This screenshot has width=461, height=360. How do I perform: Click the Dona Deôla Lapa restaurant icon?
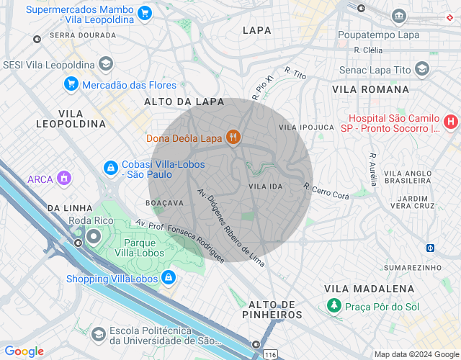[x=233, y=137]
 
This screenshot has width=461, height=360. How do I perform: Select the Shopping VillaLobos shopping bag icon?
[x=168, y=277]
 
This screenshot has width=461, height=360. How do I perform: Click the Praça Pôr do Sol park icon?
[x=334, y=306]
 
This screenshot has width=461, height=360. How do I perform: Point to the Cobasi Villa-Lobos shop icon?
[x=110, y=168]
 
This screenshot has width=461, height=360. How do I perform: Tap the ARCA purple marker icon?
[x=64, y=178]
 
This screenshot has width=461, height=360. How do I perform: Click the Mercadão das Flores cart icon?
[x=71, y=84]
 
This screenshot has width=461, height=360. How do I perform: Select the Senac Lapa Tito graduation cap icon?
[x=422, y=69]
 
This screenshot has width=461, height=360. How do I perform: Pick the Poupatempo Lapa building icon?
[x=399, y=16]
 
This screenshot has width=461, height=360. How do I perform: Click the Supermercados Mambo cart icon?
[x=145, y=12]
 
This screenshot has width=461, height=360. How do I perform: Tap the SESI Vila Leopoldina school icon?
[x=106, y=64]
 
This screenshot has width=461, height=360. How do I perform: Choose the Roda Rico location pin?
[x=94, y=236]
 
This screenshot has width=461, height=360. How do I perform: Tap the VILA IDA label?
[x=265, y=186]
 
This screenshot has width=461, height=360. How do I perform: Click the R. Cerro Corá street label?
[x=326, y=191]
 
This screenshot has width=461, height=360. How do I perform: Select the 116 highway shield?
[x=270, y=354]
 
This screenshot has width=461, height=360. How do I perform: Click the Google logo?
[x=24, y=351]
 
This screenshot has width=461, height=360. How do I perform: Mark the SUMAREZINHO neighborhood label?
[x=412, y=267]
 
